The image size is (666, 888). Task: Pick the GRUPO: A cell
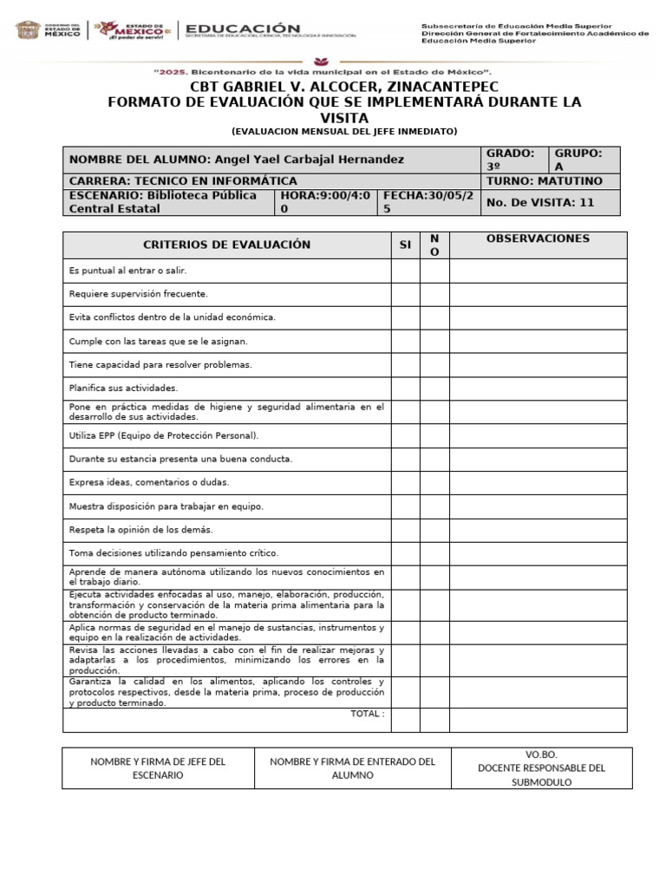pos(585,160)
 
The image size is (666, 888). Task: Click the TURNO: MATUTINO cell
pos(552,181)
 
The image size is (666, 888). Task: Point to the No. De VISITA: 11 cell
pos(552,203)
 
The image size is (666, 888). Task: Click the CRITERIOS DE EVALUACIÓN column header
pos(226,245)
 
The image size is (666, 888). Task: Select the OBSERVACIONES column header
pos(538,238)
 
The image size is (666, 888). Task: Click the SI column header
pos(405,245)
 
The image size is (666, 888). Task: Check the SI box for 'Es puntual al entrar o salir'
pos(405,271)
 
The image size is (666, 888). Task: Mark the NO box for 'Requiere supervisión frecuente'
pos(434,295)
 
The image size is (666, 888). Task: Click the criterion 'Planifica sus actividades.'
pos(123,388)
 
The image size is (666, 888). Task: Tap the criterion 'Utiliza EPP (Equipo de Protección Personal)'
pos(164,435)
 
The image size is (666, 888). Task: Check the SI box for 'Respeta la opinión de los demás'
pos(405,529)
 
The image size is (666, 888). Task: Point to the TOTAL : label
pos(367,714)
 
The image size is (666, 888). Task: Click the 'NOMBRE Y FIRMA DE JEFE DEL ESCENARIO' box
pos(158,768)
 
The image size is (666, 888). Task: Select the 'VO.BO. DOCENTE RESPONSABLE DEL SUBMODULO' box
pos(541,768)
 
